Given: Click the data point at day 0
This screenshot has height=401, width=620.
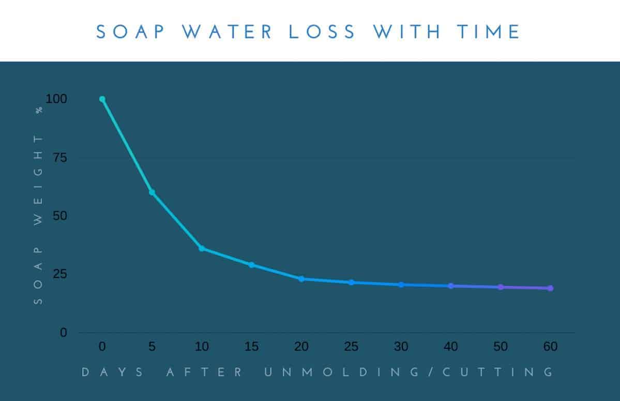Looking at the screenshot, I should (x=102, y=99).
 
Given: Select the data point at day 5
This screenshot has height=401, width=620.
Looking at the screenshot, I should (x=152, y=192).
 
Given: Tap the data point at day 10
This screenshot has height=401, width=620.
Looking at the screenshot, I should (x=202, y=249).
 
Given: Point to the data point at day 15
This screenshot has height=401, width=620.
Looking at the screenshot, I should (x=251, y=265).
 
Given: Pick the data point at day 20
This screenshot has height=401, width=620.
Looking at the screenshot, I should (x=301, y=279).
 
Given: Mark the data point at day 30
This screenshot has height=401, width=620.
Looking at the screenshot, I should (x=401, y=285).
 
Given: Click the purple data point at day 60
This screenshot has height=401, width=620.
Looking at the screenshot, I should (x=550, y=288).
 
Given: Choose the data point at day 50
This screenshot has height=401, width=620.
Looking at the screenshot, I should (x=501, y=287).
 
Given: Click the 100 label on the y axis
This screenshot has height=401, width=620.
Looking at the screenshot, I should (x=56, y=99).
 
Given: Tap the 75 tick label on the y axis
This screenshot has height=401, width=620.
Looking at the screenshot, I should (x=60, y=158).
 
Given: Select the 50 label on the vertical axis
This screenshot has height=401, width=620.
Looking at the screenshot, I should (x=60, y=216).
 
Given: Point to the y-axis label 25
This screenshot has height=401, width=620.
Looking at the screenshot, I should (x=60, y=274).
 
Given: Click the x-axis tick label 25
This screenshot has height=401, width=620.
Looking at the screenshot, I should (x=351, y=347).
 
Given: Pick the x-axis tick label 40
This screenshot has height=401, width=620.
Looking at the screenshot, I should (x=451, y=347).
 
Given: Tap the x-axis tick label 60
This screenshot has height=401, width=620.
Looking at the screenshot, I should (x=550, y=347).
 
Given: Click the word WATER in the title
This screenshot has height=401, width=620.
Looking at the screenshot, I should (x=230, y=32).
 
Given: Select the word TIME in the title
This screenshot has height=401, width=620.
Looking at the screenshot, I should (x=488, y=32).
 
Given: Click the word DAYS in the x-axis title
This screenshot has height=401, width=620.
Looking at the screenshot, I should (x=113, y=372).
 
